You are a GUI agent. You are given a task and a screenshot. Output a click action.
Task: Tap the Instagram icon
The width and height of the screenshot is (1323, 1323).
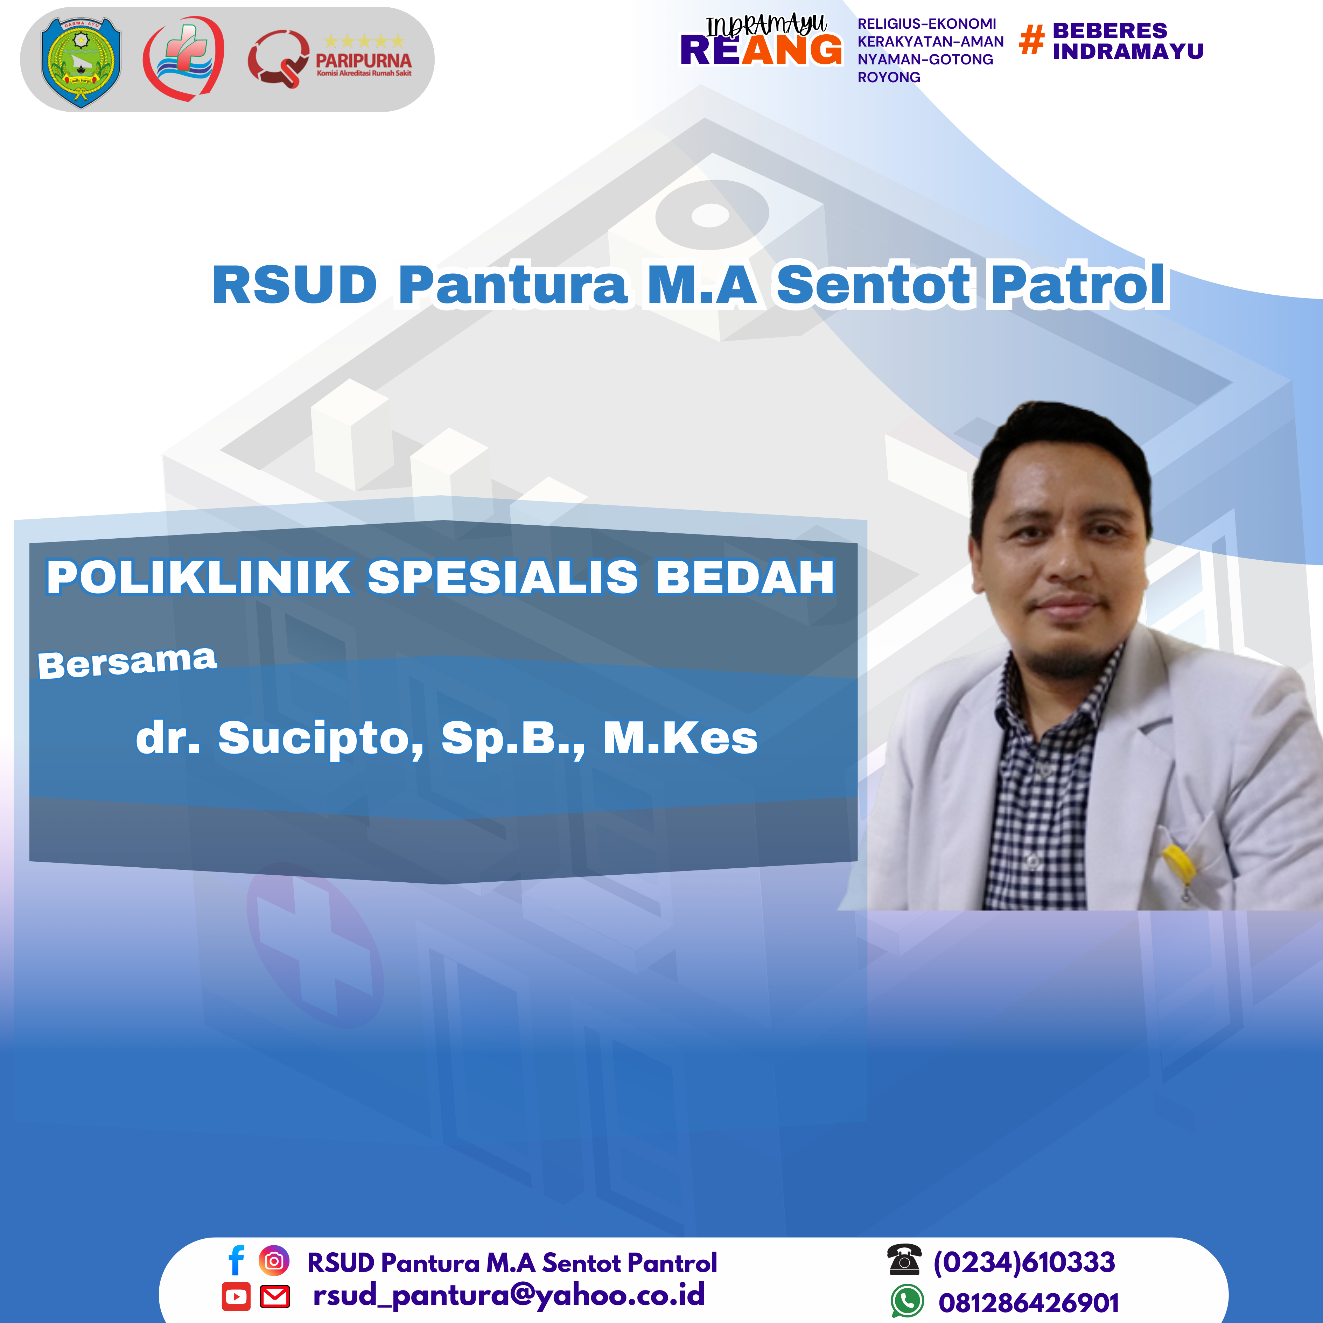coord(274,1261)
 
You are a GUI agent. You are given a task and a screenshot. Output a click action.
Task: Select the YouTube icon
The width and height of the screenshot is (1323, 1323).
coord(236,1296)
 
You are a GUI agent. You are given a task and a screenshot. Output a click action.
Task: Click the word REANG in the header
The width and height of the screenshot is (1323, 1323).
coord(761,50)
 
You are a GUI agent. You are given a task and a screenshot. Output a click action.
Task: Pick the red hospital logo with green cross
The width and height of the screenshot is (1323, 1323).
coord(183,58)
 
